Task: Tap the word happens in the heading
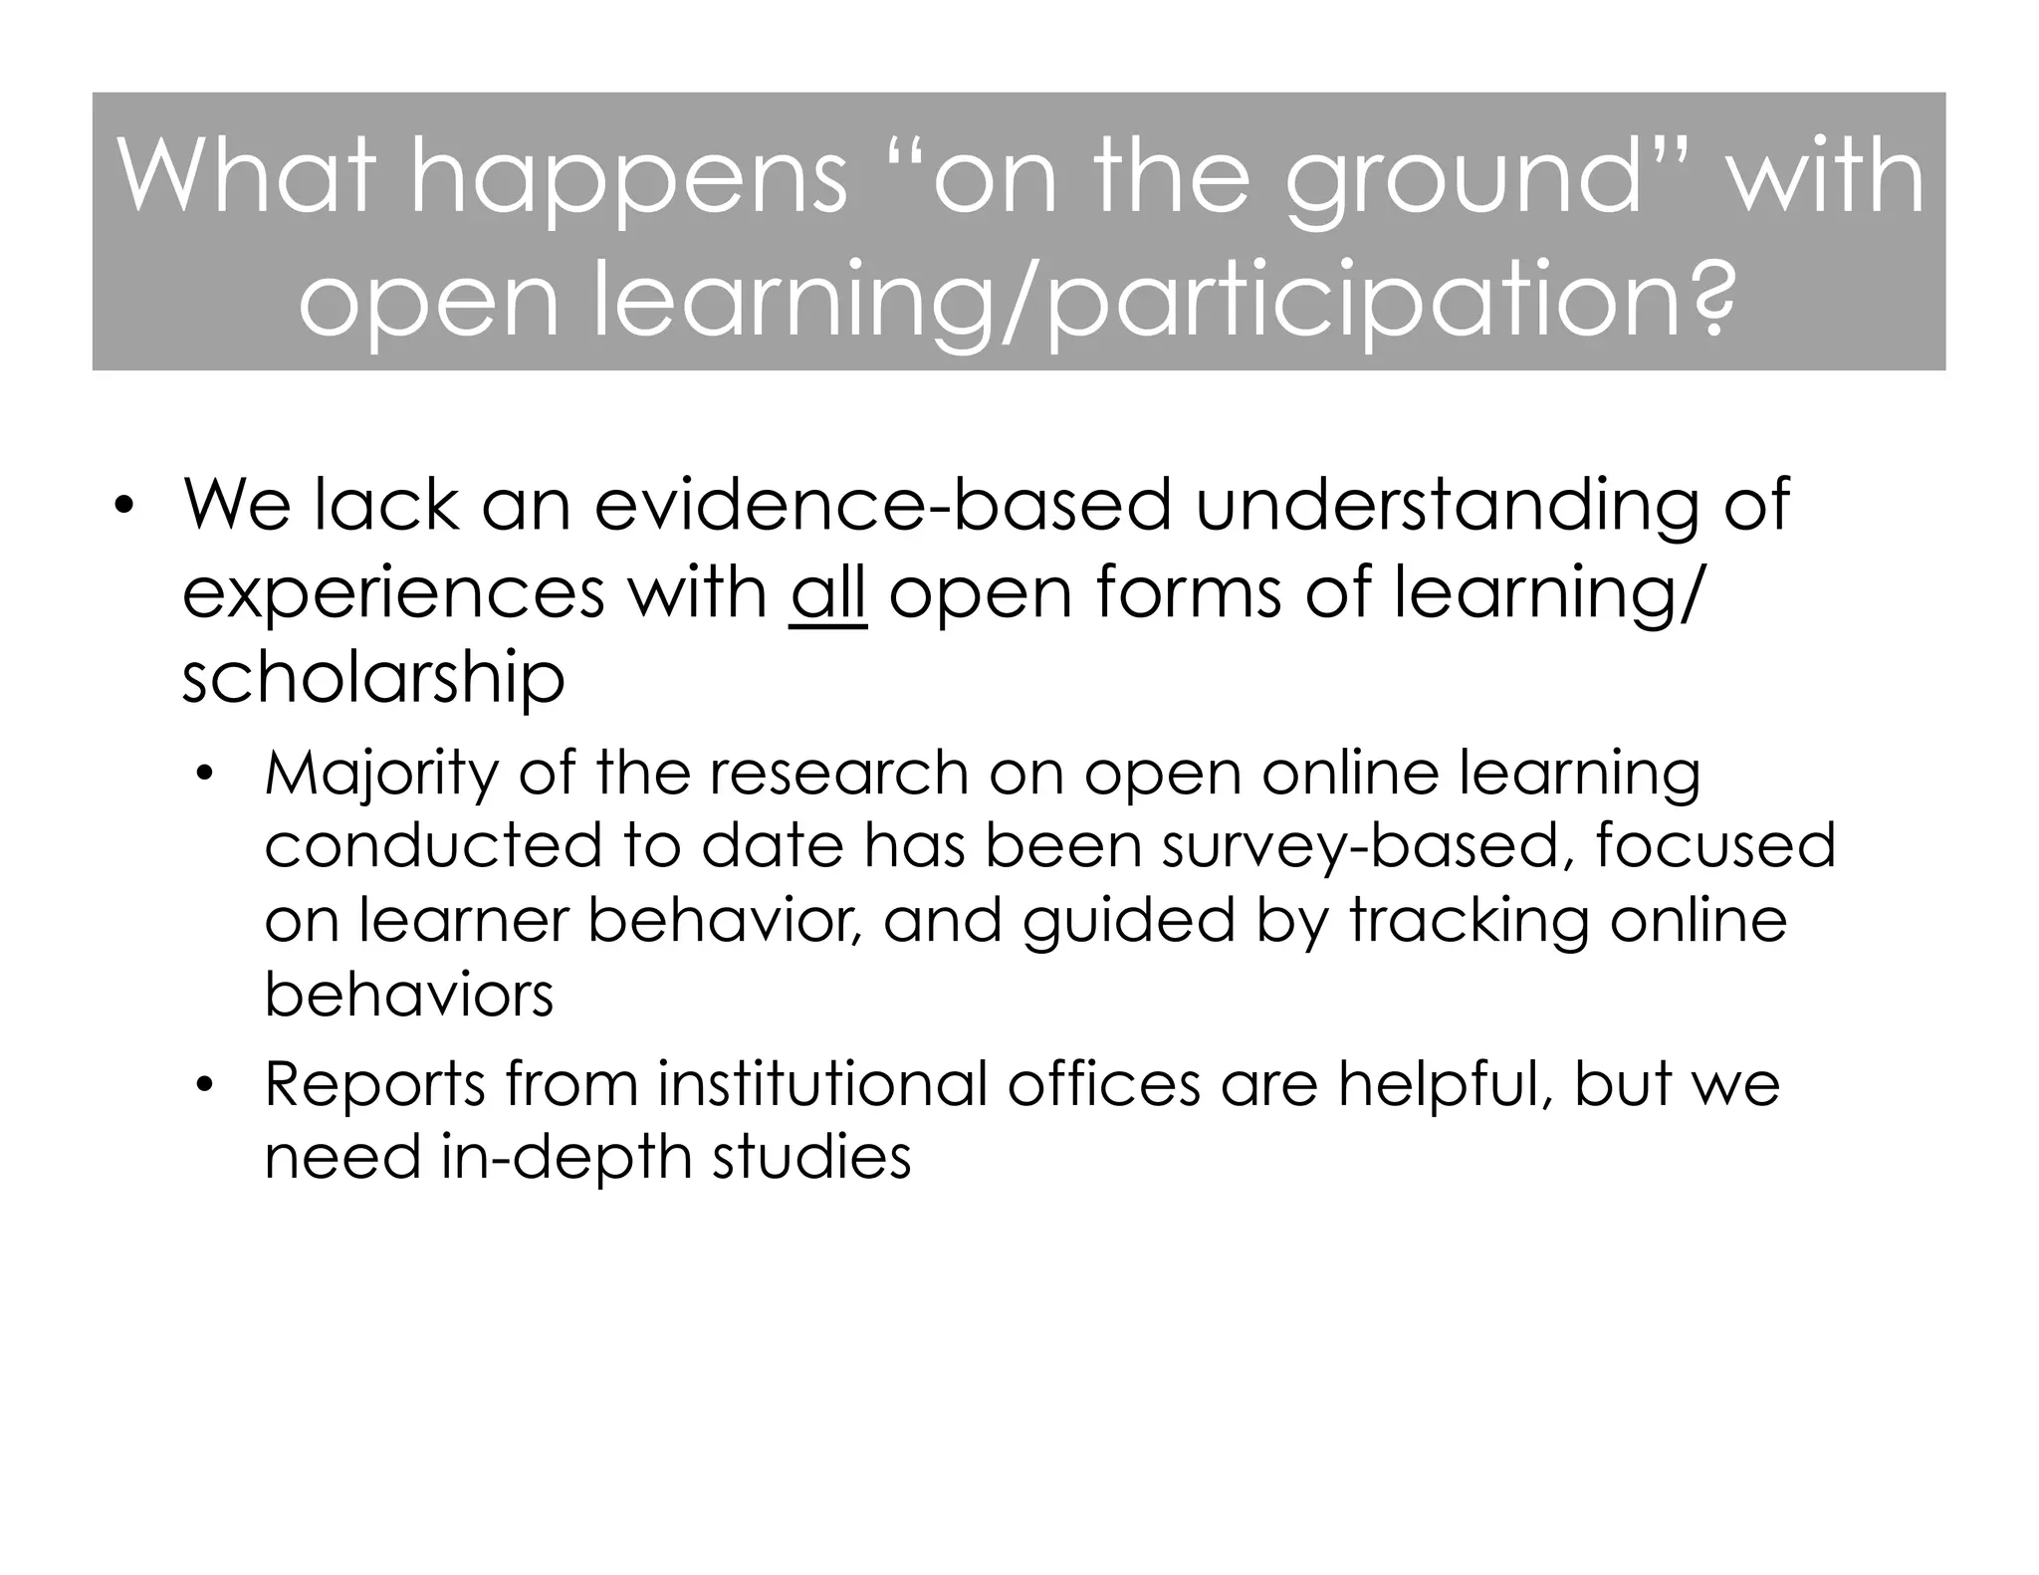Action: [x=627, y=184]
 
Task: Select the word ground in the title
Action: [x=1464, y=184]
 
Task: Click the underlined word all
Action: [x=828, y=591]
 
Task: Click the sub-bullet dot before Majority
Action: [x=205, y=775]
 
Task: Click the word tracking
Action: [x=1469, y=922]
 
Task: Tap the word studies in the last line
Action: [x=811, y=1157]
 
